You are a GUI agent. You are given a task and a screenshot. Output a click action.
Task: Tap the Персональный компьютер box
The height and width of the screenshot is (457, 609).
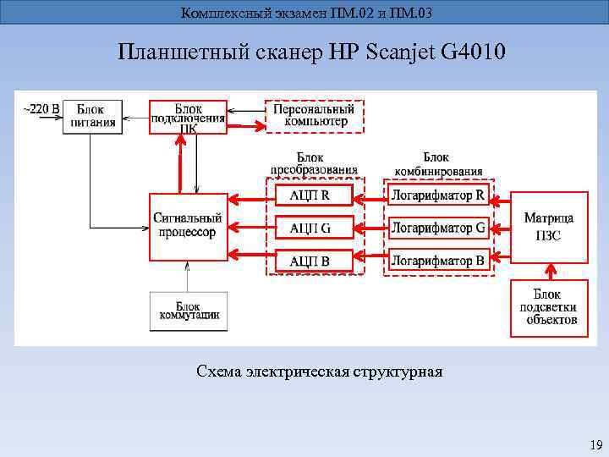pos(314,116)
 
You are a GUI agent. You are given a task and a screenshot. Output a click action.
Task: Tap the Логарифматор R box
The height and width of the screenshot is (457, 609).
pos(438,195)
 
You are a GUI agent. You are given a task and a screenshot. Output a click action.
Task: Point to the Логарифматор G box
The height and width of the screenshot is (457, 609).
pos(438,228)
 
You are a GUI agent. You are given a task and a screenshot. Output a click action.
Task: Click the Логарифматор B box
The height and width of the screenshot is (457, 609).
pos(438,260)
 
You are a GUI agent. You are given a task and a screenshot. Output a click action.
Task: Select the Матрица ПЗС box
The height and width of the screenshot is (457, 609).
pos(549,228)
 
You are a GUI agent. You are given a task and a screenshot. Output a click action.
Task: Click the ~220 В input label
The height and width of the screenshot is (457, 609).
pos(40,108)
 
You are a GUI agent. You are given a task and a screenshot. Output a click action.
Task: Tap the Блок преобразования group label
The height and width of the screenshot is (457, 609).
pos(315,163)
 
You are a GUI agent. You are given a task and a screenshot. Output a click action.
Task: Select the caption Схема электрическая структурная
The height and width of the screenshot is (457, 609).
pos(319,372)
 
